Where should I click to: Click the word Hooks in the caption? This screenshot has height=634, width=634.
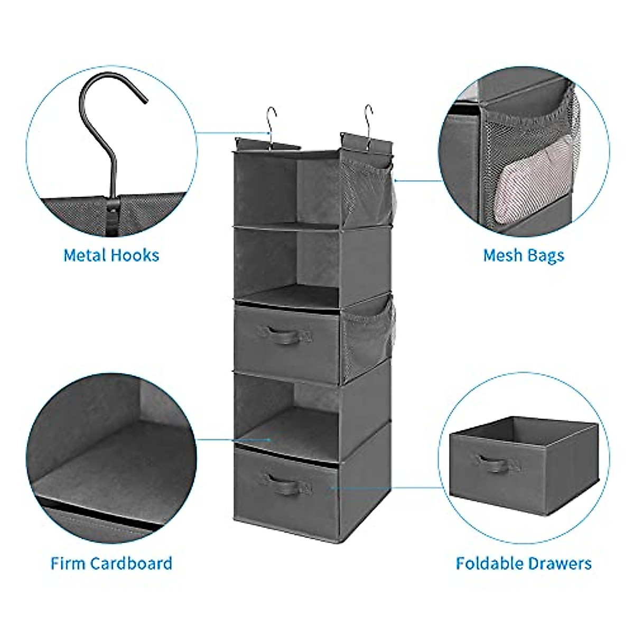click(135, 255)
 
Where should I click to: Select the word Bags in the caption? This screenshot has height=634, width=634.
click(545, 256)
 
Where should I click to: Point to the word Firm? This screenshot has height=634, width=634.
click(68, 563)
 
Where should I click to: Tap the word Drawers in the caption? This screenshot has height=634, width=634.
click(561, 563)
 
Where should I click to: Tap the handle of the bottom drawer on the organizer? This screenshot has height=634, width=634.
click(279, 482)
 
